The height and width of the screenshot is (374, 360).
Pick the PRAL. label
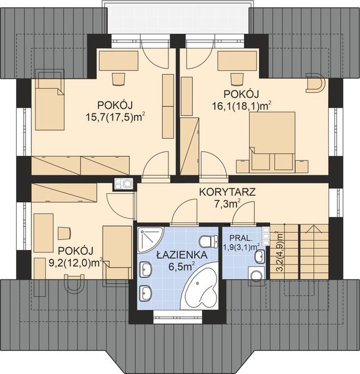pyautogui.click(x=241, y=238)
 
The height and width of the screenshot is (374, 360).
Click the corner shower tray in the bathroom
pyautogui.click(x=148, y=239)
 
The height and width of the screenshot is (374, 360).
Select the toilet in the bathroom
pyautogui.click(x=207, y=241)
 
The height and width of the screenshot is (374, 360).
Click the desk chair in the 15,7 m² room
pyautogui.click(x=119, y=79)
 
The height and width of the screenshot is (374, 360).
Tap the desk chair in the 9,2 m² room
pyautogui.click(x=63, y=233)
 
